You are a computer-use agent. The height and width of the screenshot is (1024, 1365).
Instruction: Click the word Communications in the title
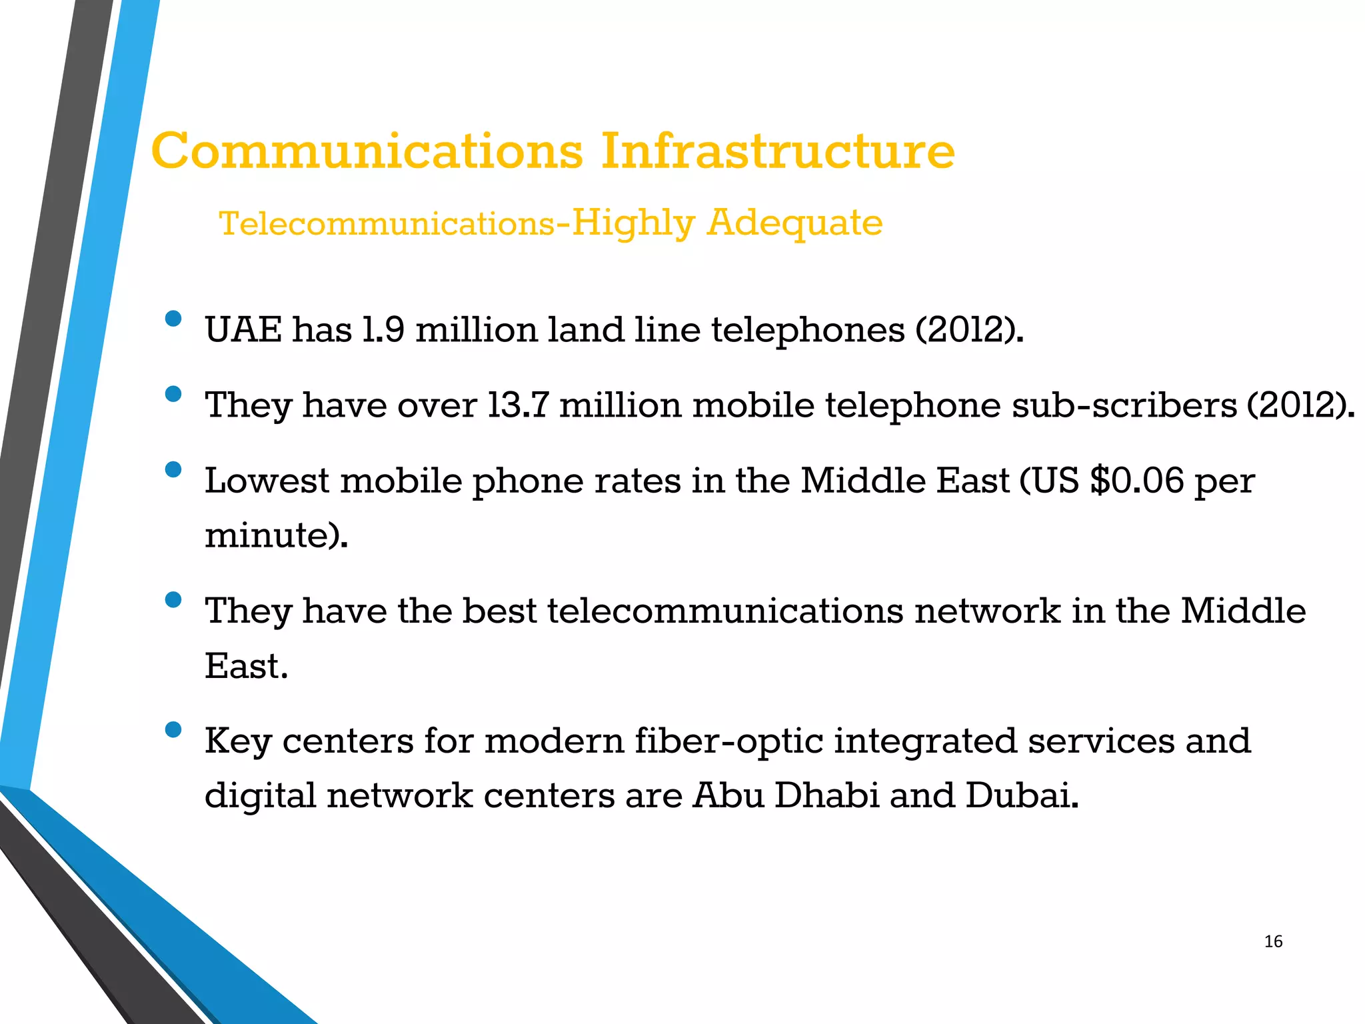(367, 151)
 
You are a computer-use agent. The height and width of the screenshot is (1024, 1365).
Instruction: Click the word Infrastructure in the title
(778, 151)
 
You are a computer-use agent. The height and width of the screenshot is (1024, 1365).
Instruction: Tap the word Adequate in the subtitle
(794, 223)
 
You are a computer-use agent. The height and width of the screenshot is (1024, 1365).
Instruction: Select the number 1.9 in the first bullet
(383, 329)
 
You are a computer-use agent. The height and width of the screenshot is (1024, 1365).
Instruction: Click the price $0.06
(1137, 481)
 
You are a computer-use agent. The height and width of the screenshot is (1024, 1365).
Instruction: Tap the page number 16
(1273, 941)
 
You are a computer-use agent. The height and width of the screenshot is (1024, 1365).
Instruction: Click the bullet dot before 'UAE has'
(173, 319)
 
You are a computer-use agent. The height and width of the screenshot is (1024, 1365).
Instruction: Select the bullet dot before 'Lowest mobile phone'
(173, 470)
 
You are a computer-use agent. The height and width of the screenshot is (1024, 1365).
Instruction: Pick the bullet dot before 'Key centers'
(173, 730)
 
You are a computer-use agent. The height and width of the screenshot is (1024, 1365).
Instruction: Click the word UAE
(243, 329)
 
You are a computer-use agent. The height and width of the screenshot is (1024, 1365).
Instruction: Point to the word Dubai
(1021, 795)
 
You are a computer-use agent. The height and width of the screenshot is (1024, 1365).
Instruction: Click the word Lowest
(267, 481)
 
